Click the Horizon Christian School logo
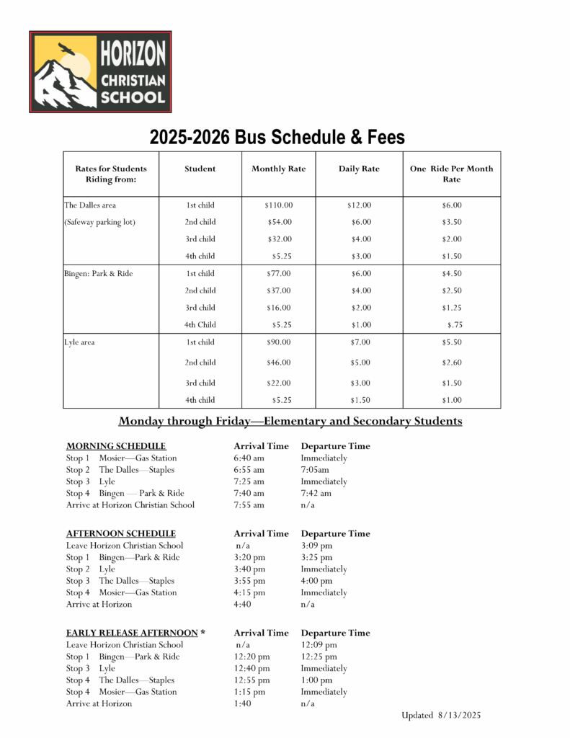[100, 71]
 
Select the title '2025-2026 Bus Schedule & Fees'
[277, 137]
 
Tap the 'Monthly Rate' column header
[278, 169]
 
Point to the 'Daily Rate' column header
[359, 169]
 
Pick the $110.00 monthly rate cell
[278, 205]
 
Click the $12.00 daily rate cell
[359, 205]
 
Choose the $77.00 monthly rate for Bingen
[278, 274]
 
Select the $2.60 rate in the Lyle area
[452, 363]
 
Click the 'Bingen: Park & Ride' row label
[99, 274]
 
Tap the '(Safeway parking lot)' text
[100, 222]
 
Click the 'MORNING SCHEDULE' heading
[116, 446]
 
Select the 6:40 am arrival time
[249, 458]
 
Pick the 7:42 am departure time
[316, 494]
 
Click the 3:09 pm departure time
[316, 546]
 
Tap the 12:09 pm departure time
[319, 645]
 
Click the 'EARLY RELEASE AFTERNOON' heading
[135, 633]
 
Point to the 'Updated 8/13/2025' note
[441, 715]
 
